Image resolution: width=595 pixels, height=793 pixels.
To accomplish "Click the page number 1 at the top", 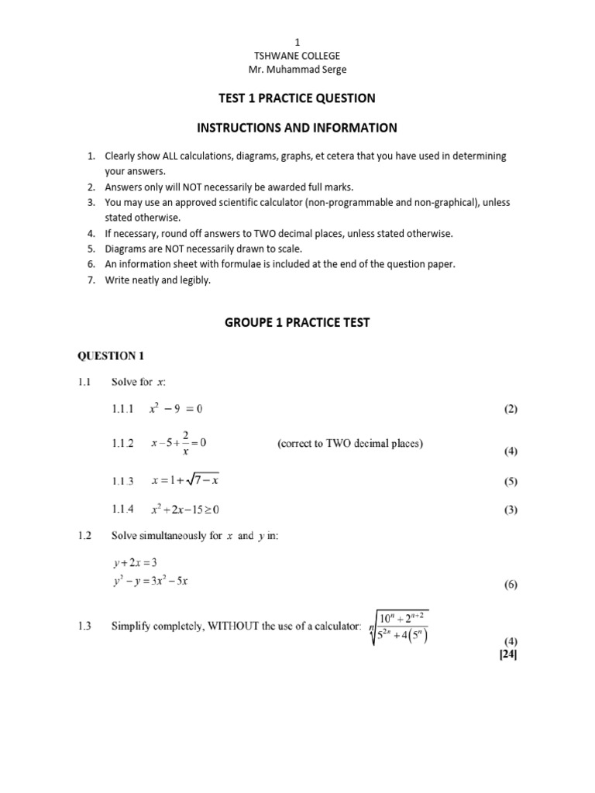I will click(297, 42).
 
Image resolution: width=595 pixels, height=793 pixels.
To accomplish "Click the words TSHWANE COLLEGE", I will click(297, 57).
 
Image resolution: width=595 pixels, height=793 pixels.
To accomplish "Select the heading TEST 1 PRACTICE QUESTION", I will click(297, 98).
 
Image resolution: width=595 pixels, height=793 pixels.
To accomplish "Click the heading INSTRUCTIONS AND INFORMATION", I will click(297, 128).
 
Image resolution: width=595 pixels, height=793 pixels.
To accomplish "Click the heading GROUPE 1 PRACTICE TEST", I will click(297, 323).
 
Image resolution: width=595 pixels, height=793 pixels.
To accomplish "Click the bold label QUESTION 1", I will click(109, 356).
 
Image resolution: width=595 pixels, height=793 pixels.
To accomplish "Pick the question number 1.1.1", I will click(123, 408).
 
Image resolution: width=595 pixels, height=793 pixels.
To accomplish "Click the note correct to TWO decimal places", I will click(350, 444).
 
